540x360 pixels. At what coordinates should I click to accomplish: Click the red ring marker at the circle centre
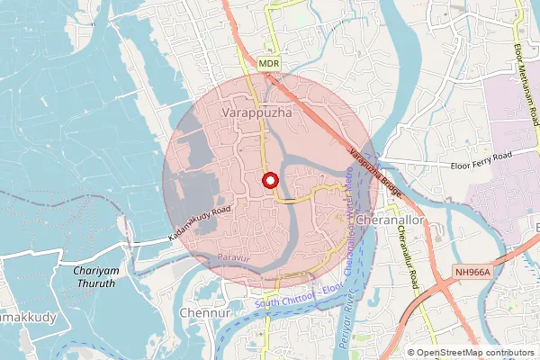[x=269, y=180]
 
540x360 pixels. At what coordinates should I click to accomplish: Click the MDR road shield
[x=269, y=64]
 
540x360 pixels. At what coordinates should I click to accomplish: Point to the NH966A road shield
[x=470, y=270]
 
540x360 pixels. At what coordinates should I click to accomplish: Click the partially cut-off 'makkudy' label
[x=27, y=318]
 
